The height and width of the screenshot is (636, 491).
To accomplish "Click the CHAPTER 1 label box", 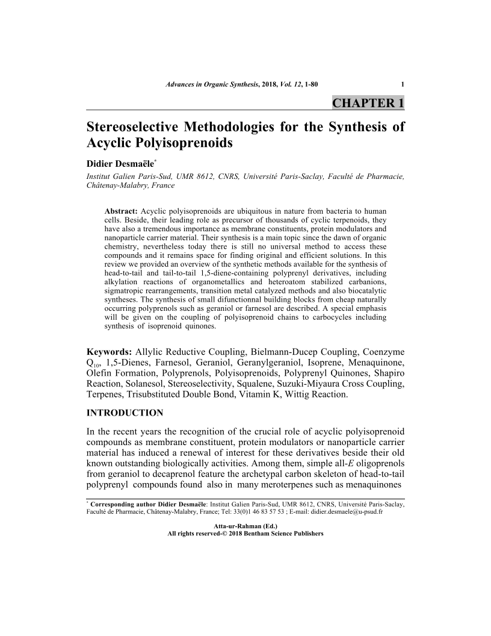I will (368, 102).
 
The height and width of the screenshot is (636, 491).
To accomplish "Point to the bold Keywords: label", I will (110, 351).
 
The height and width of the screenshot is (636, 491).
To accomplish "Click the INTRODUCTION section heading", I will (125, 413).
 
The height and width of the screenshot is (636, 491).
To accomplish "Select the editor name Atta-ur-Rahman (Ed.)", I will (245, 526).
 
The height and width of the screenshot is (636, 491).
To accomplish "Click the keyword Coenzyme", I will (382, 351).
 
